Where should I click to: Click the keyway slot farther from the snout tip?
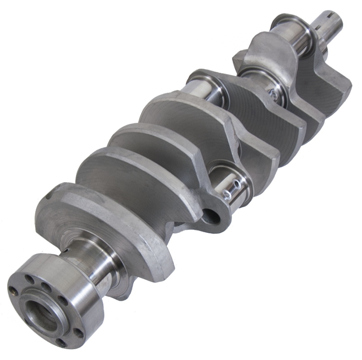coord(324,31)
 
